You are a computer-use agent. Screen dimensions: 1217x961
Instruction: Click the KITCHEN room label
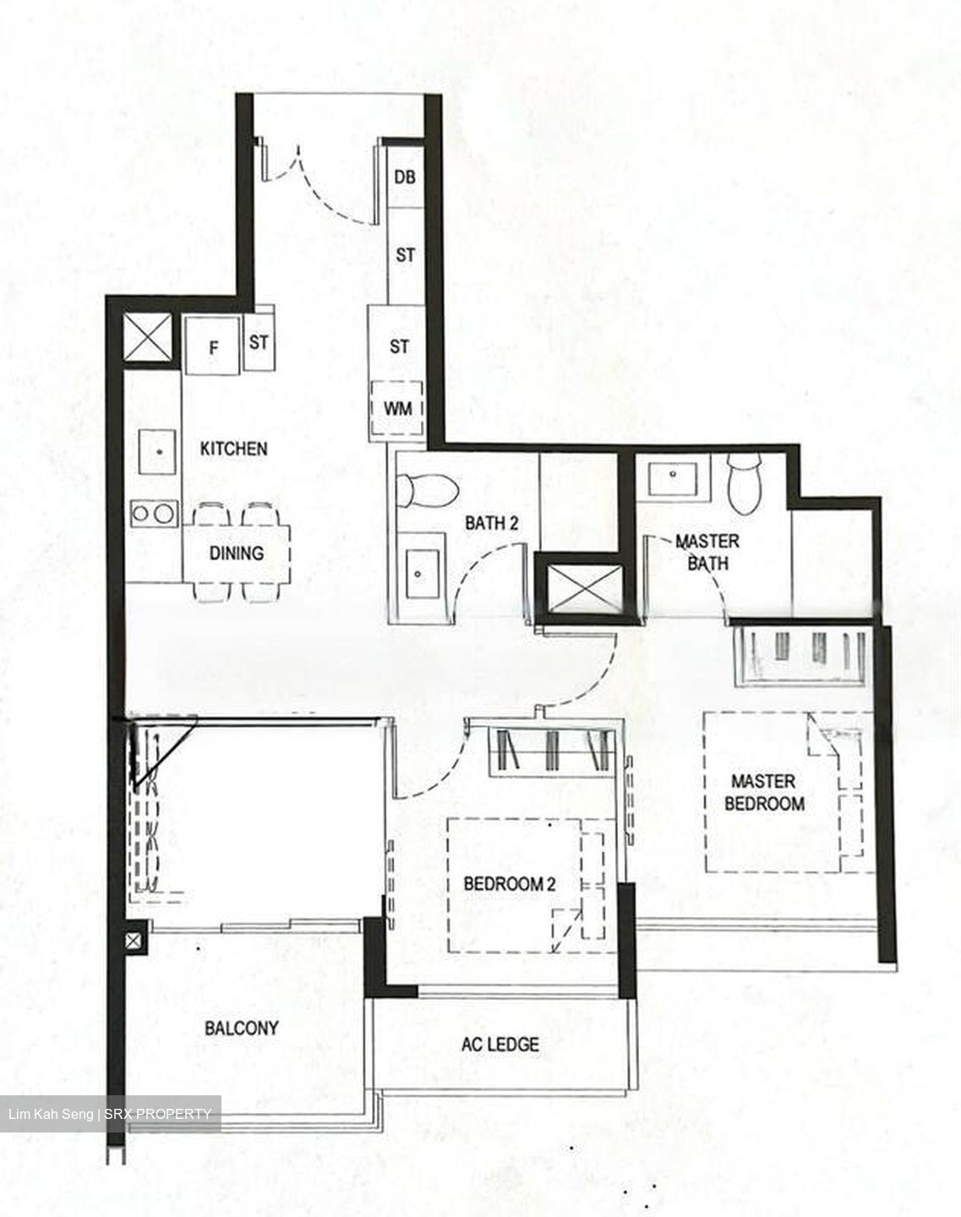(233, 449)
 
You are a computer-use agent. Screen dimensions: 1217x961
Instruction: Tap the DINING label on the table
(237, 553)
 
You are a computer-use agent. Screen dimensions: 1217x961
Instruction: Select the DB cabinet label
(405, 177)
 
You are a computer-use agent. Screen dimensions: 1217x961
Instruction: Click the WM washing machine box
(397, 409)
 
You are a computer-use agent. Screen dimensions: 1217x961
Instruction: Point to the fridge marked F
(213, 347)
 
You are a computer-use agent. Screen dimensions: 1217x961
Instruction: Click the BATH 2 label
(491, 523)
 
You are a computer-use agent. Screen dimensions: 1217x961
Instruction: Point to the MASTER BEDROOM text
(764, 792)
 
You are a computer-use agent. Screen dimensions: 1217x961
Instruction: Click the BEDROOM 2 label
(509, 884)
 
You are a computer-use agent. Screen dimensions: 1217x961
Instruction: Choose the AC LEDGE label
(500, 1045)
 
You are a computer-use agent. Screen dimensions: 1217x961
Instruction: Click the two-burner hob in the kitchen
(154, 513)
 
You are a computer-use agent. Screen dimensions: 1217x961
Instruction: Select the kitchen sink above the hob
(157, 452)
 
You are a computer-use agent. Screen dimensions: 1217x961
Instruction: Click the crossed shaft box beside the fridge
(148, 338)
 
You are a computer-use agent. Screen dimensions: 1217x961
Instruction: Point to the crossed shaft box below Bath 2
(584, 588)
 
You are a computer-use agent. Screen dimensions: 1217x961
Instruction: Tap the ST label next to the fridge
(259, 342)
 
